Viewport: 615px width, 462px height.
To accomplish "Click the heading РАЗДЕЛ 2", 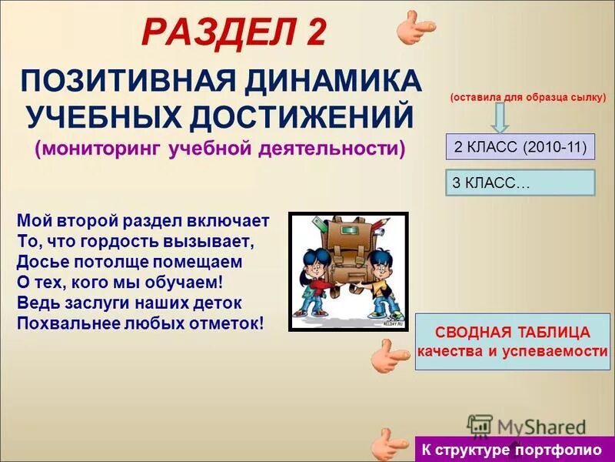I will point(235,33).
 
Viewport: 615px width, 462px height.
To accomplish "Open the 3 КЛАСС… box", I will point(520,182).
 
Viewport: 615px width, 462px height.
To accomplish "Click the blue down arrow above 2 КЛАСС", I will point(500,118).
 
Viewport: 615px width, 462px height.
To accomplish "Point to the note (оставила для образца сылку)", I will point(528,98).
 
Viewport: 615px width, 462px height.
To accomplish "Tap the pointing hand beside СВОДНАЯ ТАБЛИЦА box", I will point(391,357).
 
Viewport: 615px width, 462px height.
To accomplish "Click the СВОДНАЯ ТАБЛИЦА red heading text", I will point(513,333).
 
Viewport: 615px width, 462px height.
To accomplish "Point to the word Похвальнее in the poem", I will point(64,323).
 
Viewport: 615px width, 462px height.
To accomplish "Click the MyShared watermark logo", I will point(526,427).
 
